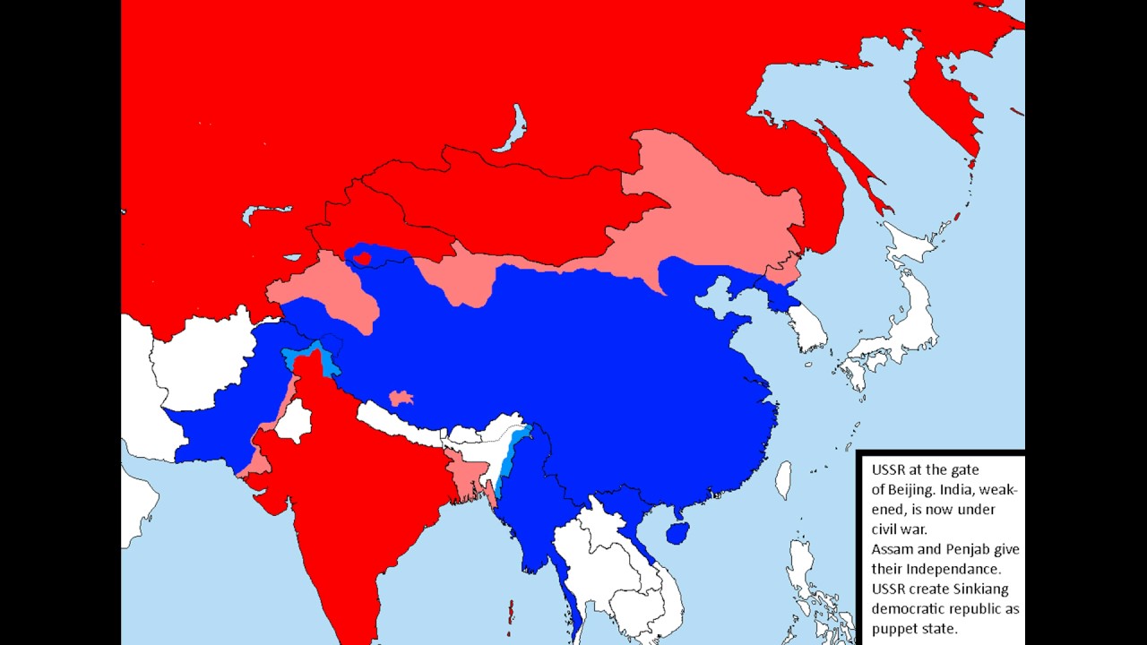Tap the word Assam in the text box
coord(893,549)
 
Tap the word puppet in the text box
coord(893,628)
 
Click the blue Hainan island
coord(678,534)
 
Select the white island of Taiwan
coord(783,479)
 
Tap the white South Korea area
coord(808,327)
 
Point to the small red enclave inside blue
coord(363,259)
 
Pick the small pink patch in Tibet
coord(401,397)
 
